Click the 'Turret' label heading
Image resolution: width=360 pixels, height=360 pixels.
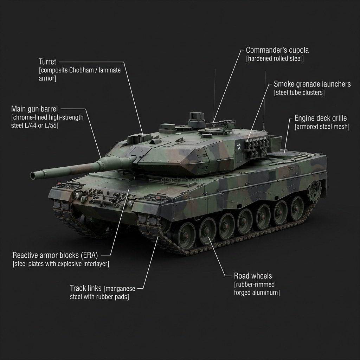(47, 62)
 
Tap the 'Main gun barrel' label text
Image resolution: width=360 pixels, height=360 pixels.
(34, 109)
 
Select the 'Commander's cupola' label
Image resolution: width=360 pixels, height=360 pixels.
(277, 50)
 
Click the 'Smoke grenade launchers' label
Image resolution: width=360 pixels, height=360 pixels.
(312, 84)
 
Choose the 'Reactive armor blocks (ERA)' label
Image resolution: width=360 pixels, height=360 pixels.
(55, 255)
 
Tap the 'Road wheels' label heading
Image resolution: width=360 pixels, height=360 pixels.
(253, 276)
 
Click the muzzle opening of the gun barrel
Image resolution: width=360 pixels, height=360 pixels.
(34, 175)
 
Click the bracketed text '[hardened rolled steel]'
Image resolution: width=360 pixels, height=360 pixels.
(275, 59)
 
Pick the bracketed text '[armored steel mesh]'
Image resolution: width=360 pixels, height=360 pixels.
(322, 127)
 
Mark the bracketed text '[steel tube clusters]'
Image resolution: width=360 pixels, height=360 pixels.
(299, 93)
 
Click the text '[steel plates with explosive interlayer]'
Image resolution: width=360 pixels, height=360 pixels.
(61, 264)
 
